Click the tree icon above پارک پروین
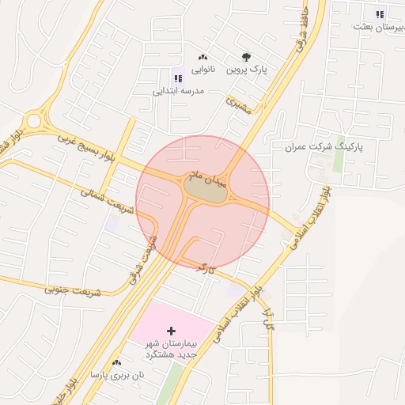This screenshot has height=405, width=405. point(246,57)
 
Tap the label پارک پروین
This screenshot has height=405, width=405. point(248,70)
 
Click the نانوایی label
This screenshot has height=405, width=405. point(202,69)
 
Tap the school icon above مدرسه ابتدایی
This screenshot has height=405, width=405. point(177,78)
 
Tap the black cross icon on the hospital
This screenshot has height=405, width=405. point(172,329)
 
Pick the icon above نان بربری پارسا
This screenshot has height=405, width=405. point(117,361)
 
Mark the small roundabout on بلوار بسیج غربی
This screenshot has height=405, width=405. point(32,122)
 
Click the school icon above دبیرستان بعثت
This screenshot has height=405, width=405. point(380,13)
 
